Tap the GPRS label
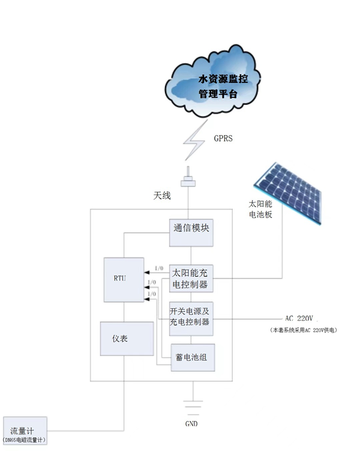tap(223, 138)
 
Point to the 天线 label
tap(162, 196)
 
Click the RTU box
tap(123, 279)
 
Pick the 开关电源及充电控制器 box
tap(191, 318)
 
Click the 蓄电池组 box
tap(191, 357)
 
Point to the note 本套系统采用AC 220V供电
tap(302, 330)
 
